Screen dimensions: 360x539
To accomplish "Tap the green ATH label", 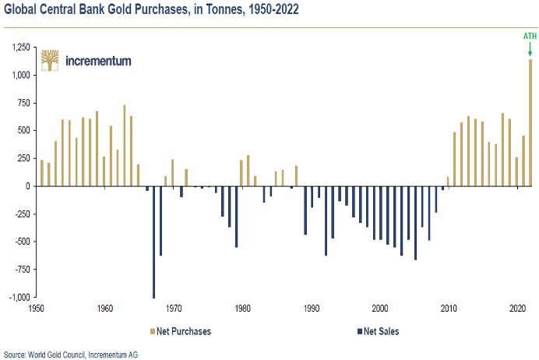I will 530,36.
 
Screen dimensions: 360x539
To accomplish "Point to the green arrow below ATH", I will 530,49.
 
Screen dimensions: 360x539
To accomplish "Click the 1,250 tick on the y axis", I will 19,48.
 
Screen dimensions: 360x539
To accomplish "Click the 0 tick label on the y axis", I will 26,186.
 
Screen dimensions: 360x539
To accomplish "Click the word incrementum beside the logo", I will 99,61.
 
